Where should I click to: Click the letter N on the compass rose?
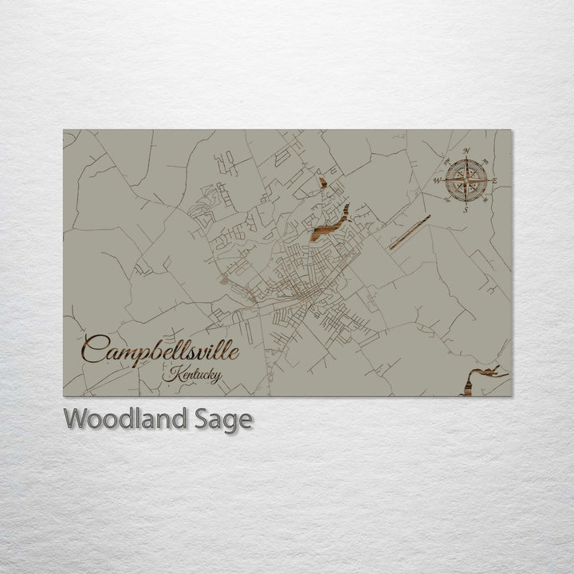[466, 151]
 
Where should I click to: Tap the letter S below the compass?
[466, 211]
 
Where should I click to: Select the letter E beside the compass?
[495, 182]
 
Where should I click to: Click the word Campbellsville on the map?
[159, 350]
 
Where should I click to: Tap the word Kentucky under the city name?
[191, 375]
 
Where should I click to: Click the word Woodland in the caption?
[124, 419]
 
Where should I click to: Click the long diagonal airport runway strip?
[410, 232]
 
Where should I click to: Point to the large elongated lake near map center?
[330, 224]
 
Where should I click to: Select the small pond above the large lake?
[323, 183]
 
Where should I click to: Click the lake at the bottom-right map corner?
[478, 379]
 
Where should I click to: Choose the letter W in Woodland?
[77, 418]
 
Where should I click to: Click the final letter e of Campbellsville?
[233, 352]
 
